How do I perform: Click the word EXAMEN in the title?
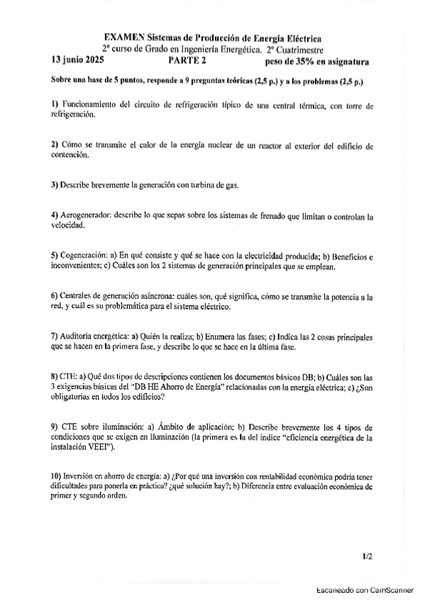point(123,37)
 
